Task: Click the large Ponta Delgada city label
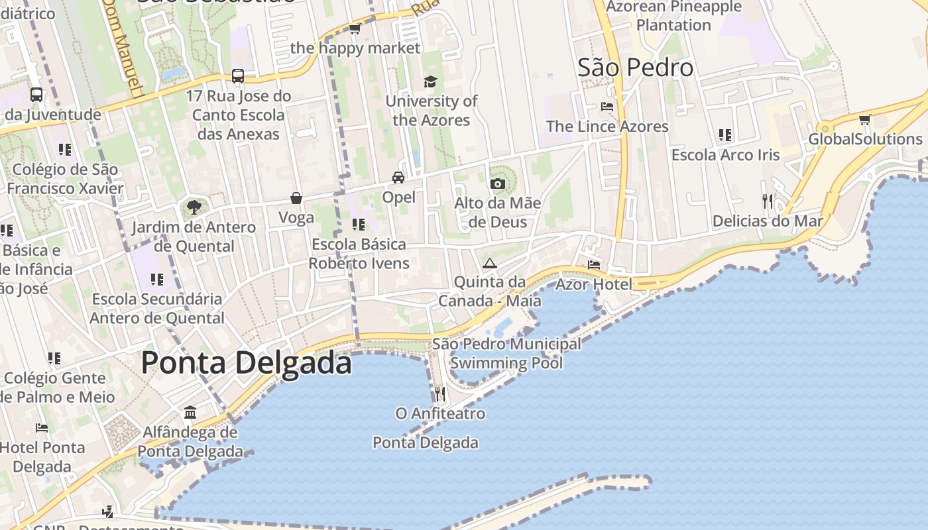point(246,363)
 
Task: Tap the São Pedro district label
point(636,68)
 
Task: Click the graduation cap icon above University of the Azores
point(431,81)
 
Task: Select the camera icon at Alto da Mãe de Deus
point(497,184)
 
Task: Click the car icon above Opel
point(398,177)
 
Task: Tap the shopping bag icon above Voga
point(296,198)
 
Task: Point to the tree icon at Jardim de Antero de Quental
point(194,208)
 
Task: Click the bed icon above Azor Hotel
point(594,265)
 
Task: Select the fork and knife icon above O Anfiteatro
point(439,394)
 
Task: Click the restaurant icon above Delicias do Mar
point(768,201)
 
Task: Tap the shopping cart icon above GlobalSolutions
point(864,120)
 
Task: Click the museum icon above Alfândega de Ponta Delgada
point(190,413)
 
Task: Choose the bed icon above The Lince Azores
point(607,106)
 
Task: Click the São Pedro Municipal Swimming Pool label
point(506,353)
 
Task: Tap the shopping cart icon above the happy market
point(355,28)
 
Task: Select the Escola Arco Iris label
point(725,155)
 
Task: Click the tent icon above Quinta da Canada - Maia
point(489,263)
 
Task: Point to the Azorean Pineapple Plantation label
point(673,16)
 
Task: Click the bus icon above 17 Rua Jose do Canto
point(238,76)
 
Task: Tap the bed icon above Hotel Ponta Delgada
point(42,427)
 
